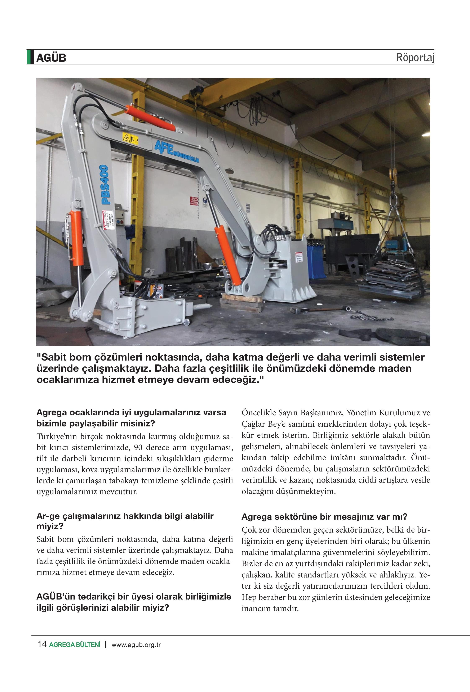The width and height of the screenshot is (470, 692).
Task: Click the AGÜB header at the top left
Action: (51, 58)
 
